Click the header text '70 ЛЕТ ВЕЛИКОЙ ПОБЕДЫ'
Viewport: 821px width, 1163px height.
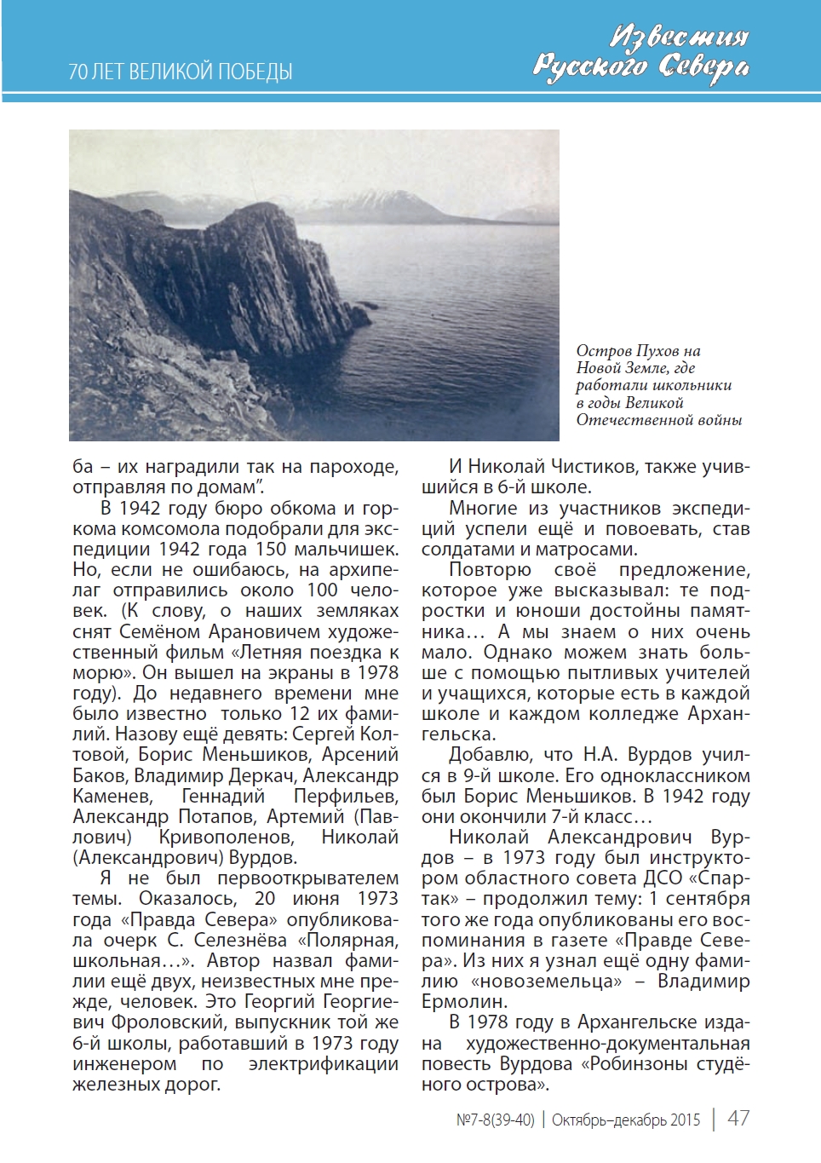[181, 72]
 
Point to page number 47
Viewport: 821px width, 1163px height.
[738, 1119]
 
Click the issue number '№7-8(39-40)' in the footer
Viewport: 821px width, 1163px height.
[496, 1120]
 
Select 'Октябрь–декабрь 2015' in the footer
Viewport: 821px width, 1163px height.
[626, 1120]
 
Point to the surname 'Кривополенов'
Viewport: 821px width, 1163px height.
[227, 838]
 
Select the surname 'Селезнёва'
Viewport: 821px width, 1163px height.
[240, 941]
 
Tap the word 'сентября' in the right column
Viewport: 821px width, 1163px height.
[708, 899]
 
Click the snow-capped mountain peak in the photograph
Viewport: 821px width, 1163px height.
[379, 197]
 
